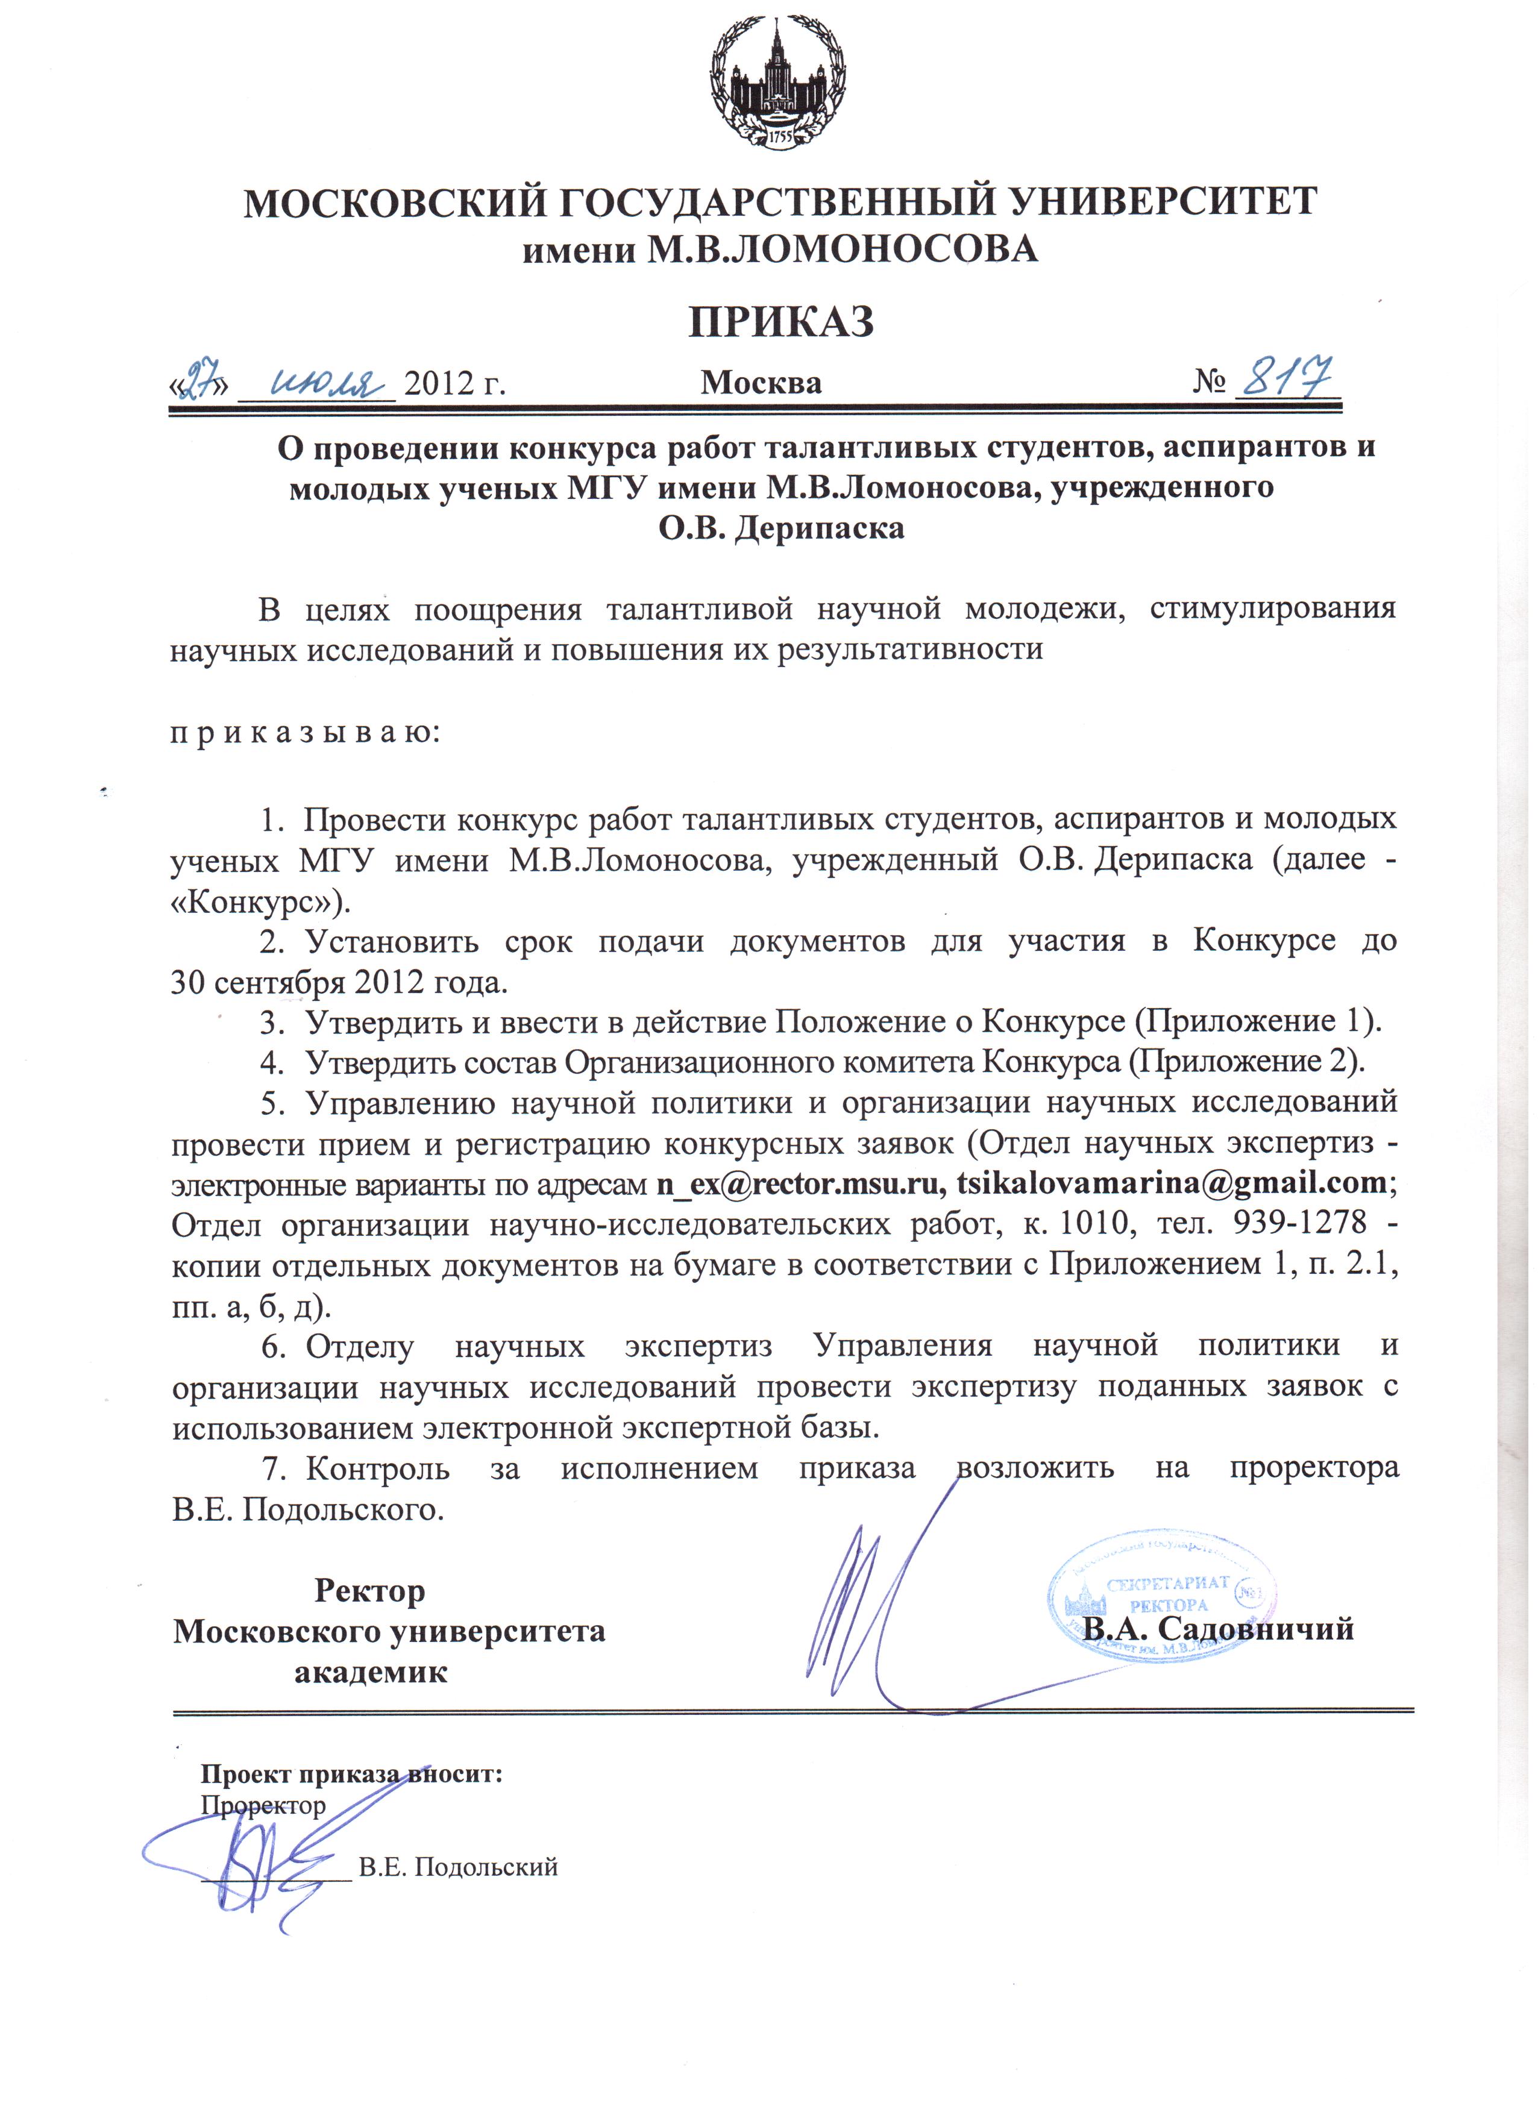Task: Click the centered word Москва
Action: tap(761, 383)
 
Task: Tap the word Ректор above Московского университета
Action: tap(370, 1590)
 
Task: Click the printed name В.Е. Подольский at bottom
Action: tap(458, 1867)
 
